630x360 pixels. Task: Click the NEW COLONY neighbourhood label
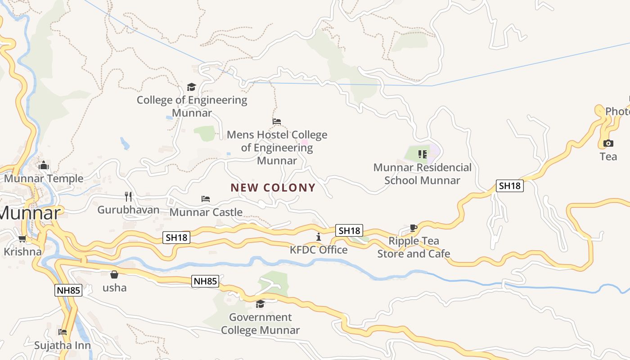click(x=273, y=188)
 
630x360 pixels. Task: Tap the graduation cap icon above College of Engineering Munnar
click(x=192, y=87)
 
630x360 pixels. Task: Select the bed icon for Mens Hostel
click(x=277, y=121)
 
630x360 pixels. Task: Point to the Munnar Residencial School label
click(x=422, y=174)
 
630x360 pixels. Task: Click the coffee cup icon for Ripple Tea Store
click(x=414, y=228)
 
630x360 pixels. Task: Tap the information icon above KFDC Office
click(x=319, y=237)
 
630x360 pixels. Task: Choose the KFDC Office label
click(x=319, y=250)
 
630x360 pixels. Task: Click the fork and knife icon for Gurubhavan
click(x=128, y=196)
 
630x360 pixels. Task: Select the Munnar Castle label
click(x=206, y=212)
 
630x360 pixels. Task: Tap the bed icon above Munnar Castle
click(x=206, y=198)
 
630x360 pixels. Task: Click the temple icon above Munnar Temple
click(x=44, y=166)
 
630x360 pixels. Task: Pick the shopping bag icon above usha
click(x=114, y=274)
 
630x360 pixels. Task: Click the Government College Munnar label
click(x=260, y=324)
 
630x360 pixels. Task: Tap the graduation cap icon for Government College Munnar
click(x=260, y=304)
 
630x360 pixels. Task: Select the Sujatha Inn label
click(x=63, y=346)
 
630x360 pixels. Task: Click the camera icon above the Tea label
click(x=608, y=144)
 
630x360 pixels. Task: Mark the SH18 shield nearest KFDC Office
click(x=349, y=230)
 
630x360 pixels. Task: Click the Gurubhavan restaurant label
click(x=128, y=210)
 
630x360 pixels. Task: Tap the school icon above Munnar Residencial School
click(x=422, y=154)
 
